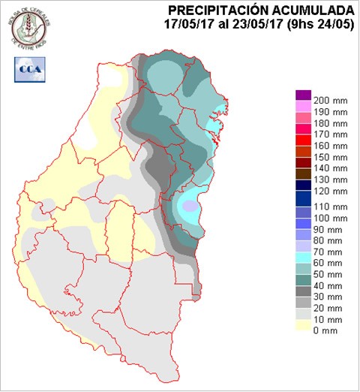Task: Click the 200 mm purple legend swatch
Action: [303, 95]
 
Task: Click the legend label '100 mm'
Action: [330, 217]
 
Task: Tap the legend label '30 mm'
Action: [330, 297]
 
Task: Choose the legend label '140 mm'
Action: [330, 170]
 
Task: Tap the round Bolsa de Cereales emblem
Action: [29, 26]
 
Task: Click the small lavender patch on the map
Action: [190, 206]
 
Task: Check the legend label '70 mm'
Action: [330, 252]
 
